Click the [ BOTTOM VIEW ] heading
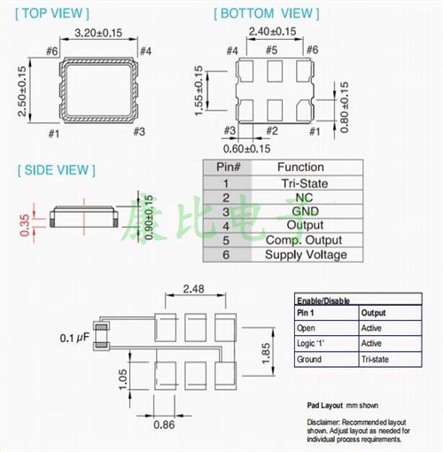point(265,13)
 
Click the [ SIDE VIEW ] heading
point(56,169)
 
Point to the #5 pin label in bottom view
point(271,51)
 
